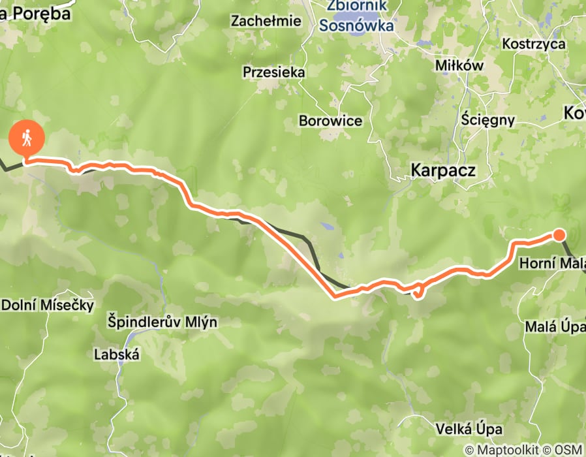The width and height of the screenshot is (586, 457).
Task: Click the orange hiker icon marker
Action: point(27,138)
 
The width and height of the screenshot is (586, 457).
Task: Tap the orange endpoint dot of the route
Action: point(559,235)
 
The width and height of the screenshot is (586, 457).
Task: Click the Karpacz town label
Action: point(443,170)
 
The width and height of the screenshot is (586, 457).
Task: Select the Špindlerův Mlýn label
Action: point(162,323)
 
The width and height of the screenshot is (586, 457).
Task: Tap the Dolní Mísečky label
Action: point(48,305)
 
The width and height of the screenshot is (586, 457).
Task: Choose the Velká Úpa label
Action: point(470,429)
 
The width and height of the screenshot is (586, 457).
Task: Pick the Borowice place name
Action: point(330,121)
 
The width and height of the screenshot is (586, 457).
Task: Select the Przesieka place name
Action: point(273,72)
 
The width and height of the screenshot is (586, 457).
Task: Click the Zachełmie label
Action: point(266,21)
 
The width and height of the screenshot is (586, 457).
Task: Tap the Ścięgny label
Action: point(487,120)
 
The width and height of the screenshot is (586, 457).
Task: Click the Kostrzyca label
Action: point(533,44)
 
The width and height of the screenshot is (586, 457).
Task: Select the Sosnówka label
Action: point(357,26)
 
